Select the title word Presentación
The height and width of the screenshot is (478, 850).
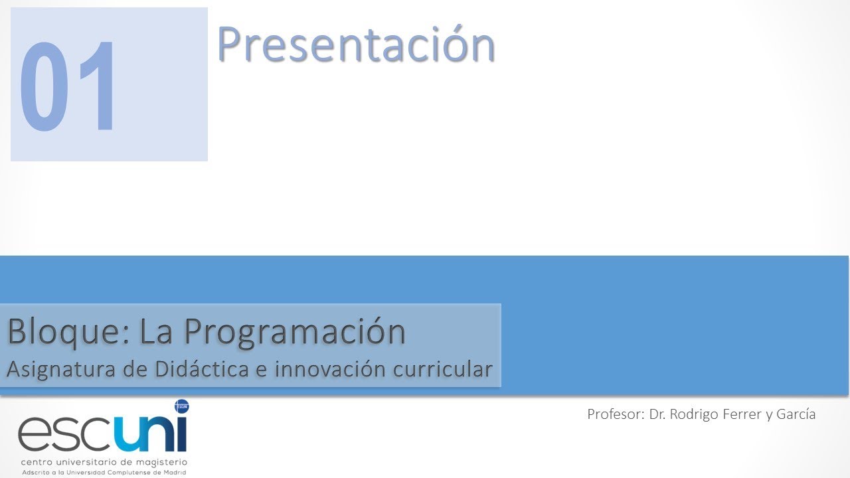click(x=356, y=45)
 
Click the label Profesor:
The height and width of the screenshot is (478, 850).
click(x=615, y=414)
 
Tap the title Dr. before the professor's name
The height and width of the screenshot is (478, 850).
click(x=657, y=414)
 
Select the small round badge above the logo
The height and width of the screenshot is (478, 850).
click(x=181, y=404)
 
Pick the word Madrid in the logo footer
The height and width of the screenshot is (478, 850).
click(x=174, y=472)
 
